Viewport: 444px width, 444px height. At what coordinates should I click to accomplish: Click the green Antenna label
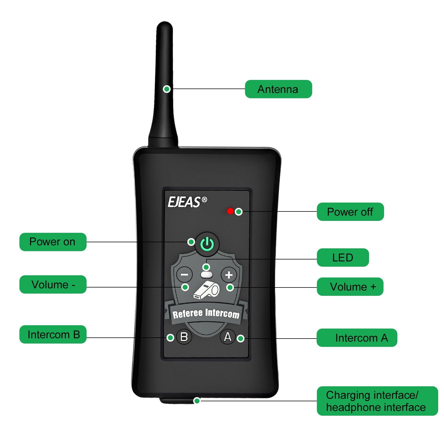pos(278,89)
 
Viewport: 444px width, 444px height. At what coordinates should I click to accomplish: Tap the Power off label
pos(350,212)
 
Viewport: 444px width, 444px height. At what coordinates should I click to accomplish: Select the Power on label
pos(53,242)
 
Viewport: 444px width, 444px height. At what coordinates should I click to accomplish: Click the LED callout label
pos(343,258)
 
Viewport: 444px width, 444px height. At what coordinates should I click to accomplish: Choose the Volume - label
pos(53,284)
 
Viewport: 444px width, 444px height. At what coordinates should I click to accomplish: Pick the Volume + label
pos(350,287)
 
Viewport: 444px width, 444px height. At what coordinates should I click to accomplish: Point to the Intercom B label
pos(53,334)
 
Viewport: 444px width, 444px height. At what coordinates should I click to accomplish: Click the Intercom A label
pos(357,338)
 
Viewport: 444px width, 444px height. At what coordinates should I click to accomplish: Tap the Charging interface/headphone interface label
pos(377,401)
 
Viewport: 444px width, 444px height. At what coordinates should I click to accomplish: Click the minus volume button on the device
pos(184,275)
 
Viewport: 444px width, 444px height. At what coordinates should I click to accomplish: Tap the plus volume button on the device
pos(229,275)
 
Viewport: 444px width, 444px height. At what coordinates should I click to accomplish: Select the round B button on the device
pos(184,337)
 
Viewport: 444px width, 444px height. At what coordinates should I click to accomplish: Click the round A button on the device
pos(228,337)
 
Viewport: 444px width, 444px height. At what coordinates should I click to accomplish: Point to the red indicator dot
pos(230,211)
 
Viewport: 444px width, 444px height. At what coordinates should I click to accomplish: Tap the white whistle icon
pos(207,290)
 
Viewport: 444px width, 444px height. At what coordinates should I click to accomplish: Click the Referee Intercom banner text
pos(206,314)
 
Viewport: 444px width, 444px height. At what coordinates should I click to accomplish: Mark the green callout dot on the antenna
pos(167,89)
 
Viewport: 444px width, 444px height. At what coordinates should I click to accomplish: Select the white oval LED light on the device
pos(206,275)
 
